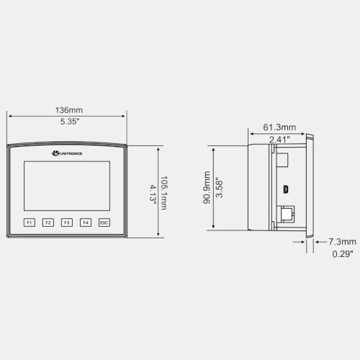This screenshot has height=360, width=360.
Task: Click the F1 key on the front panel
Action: coord(30,222)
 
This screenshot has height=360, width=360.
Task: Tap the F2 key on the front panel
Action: coord(48,222)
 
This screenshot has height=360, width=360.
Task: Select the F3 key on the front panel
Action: coord(67,222)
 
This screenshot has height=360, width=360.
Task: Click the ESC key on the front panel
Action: coord(104,222)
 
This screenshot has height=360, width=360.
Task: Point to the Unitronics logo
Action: coord(67,153)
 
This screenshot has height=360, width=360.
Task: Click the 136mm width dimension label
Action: coord(69,110)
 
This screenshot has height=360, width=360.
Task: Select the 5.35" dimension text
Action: coord(70,122)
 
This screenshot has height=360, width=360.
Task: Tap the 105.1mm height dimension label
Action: coord(164,193)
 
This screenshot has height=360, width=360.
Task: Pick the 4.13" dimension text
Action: coord(153,194)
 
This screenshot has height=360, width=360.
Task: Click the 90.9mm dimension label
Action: coord(207,187)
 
